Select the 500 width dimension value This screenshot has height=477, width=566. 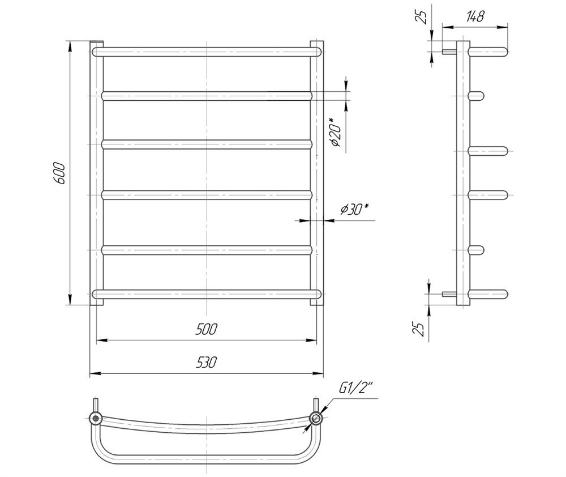pyautogui.click(x=206, y=329)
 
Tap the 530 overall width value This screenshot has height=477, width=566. pyautogui.click(x=206, y=362)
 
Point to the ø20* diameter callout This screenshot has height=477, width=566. pyautogui.click(x=335, y=132)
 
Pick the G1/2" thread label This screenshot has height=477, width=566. pyautogui.click(x=355, y=388)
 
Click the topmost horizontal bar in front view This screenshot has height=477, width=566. pyautogui.click(x=206, y=52)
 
